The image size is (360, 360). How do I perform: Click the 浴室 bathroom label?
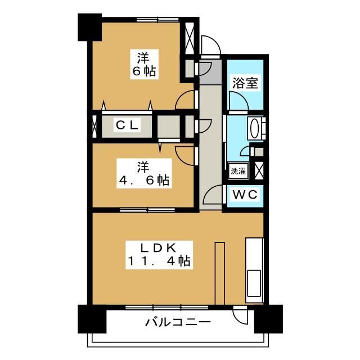click(245, 83)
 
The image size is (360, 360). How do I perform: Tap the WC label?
click(245, 195)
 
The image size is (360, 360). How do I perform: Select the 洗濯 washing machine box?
click(238, 171)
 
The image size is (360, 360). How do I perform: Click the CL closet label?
click(127, 125)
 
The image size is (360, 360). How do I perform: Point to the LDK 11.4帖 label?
click(159, 255)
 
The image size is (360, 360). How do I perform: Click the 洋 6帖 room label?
click(144, 65)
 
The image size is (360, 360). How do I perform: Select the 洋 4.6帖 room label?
click(144, 174)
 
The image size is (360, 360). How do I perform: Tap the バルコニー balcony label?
click(178, 322)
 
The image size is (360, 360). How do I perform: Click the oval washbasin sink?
click(254, 128)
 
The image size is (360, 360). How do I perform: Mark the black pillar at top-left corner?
click(90, 27)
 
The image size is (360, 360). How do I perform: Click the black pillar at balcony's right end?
click(268, 319)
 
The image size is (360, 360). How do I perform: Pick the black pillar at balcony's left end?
click(92, 319)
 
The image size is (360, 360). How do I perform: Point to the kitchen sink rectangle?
click(254, 283)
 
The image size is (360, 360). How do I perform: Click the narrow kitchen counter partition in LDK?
click(220, 273)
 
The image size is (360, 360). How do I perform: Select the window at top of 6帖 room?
click(157, 20)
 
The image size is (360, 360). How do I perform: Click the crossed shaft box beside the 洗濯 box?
click(259, 170)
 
